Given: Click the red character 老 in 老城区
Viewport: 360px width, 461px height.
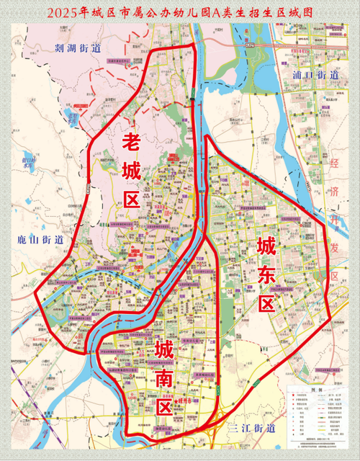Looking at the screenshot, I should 132,140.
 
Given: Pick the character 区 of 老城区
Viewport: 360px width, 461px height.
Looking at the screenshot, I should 132,200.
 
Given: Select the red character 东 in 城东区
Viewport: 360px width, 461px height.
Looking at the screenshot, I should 266,274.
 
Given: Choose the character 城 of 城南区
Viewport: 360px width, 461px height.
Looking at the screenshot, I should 165,351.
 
